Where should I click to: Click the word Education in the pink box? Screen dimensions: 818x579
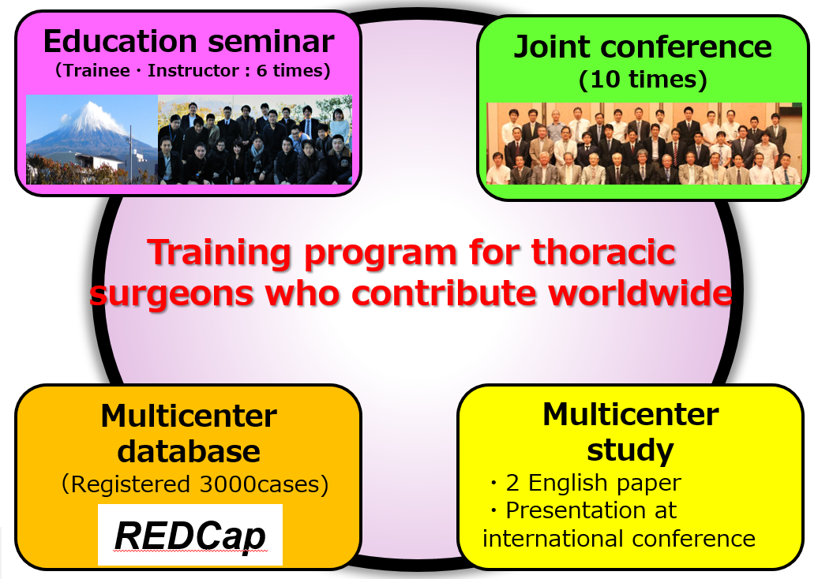pos(120,41)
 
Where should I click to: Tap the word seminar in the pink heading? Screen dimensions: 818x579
pos(271,42)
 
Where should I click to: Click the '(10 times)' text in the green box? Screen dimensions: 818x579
pos(643,79)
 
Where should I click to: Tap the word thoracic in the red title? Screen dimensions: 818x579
pos(603,252)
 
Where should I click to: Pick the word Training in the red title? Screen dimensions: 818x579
pos(220,253)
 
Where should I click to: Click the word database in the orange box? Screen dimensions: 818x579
pos(189,451)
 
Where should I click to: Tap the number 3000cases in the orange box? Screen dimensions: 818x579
pos(259,484)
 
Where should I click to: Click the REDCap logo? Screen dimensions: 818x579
pos(189,536)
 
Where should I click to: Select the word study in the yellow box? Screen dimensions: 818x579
pos(630,450)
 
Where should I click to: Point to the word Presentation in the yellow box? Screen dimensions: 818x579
pos(576,510)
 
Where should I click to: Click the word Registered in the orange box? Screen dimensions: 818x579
pos(130,484)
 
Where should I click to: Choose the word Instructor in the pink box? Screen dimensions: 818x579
pos(193,70)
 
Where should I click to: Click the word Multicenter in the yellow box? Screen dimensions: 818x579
pos(631,415)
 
